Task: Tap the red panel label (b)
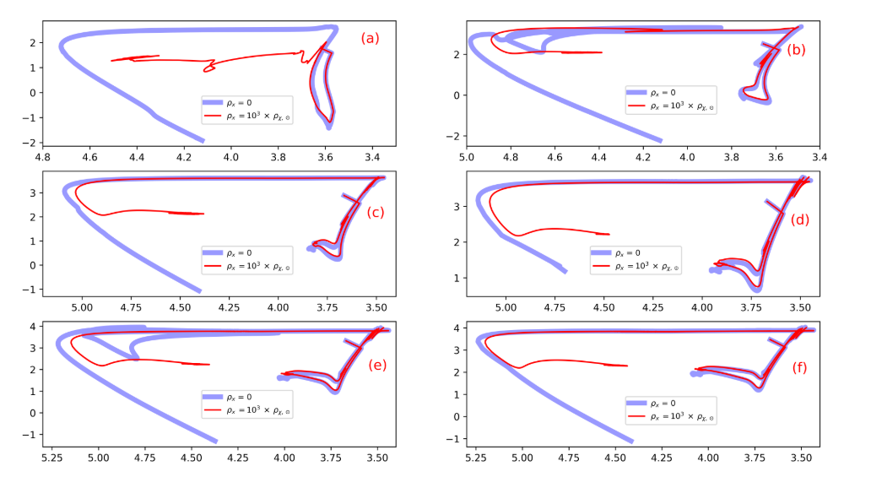tap(796, 49)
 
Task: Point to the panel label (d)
tap(801, 220)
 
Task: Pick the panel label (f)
tap(800, 368)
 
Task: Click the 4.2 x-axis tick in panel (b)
tap(643, 155)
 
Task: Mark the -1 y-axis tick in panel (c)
tap(26, 289)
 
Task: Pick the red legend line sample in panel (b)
tap(637, 106)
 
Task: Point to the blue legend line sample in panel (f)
tap(637, 402)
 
